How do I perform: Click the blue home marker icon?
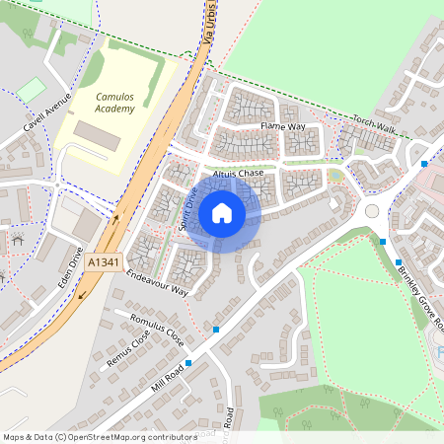[222, 212]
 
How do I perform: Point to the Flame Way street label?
[283, 127]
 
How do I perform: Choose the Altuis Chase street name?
[238, 173]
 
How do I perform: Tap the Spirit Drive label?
[186, 210]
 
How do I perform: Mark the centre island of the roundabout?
[373, 211]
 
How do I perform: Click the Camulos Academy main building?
[97, 136]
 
